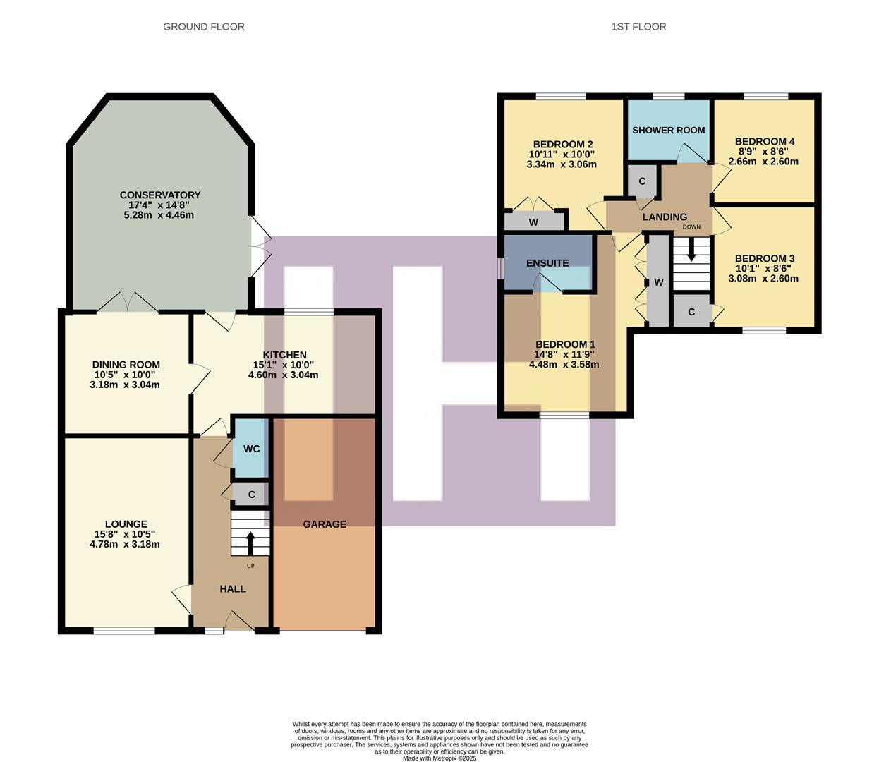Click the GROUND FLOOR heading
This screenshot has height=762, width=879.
(x=203, y=27)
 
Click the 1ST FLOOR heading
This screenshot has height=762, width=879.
(x=638, y=27)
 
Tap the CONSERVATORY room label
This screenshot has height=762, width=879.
(x=160, y=195)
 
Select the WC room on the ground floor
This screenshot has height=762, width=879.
(x=251, y=449)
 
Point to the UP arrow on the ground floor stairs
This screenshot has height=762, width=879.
(x=250, y=544)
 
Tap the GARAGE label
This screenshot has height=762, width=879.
(x=325, y=524)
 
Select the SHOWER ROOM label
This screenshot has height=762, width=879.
(x=668, y=130)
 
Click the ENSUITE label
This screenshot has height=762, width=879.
(x=547, y=263)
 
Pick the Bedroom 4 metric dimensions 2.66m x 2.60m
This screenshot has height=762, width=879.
(x=763, y=161)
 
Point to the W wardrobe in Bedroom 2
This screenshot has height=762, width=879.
(x=533, y=222)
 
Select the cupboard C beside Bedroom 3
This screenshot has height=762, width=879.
(x=691, y=312)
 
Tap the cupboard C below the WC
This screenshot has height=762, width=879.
(x=251, y=495)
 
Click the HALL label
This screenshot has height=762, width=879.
(x=232, y=588)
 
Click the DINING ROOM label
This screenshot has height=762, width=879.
(x=126, y=365)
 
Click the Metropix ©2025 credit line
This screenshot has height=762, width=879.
(x=439, y=758)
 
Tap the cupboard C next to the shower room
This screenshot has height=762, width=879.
(x=642, y=181)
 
